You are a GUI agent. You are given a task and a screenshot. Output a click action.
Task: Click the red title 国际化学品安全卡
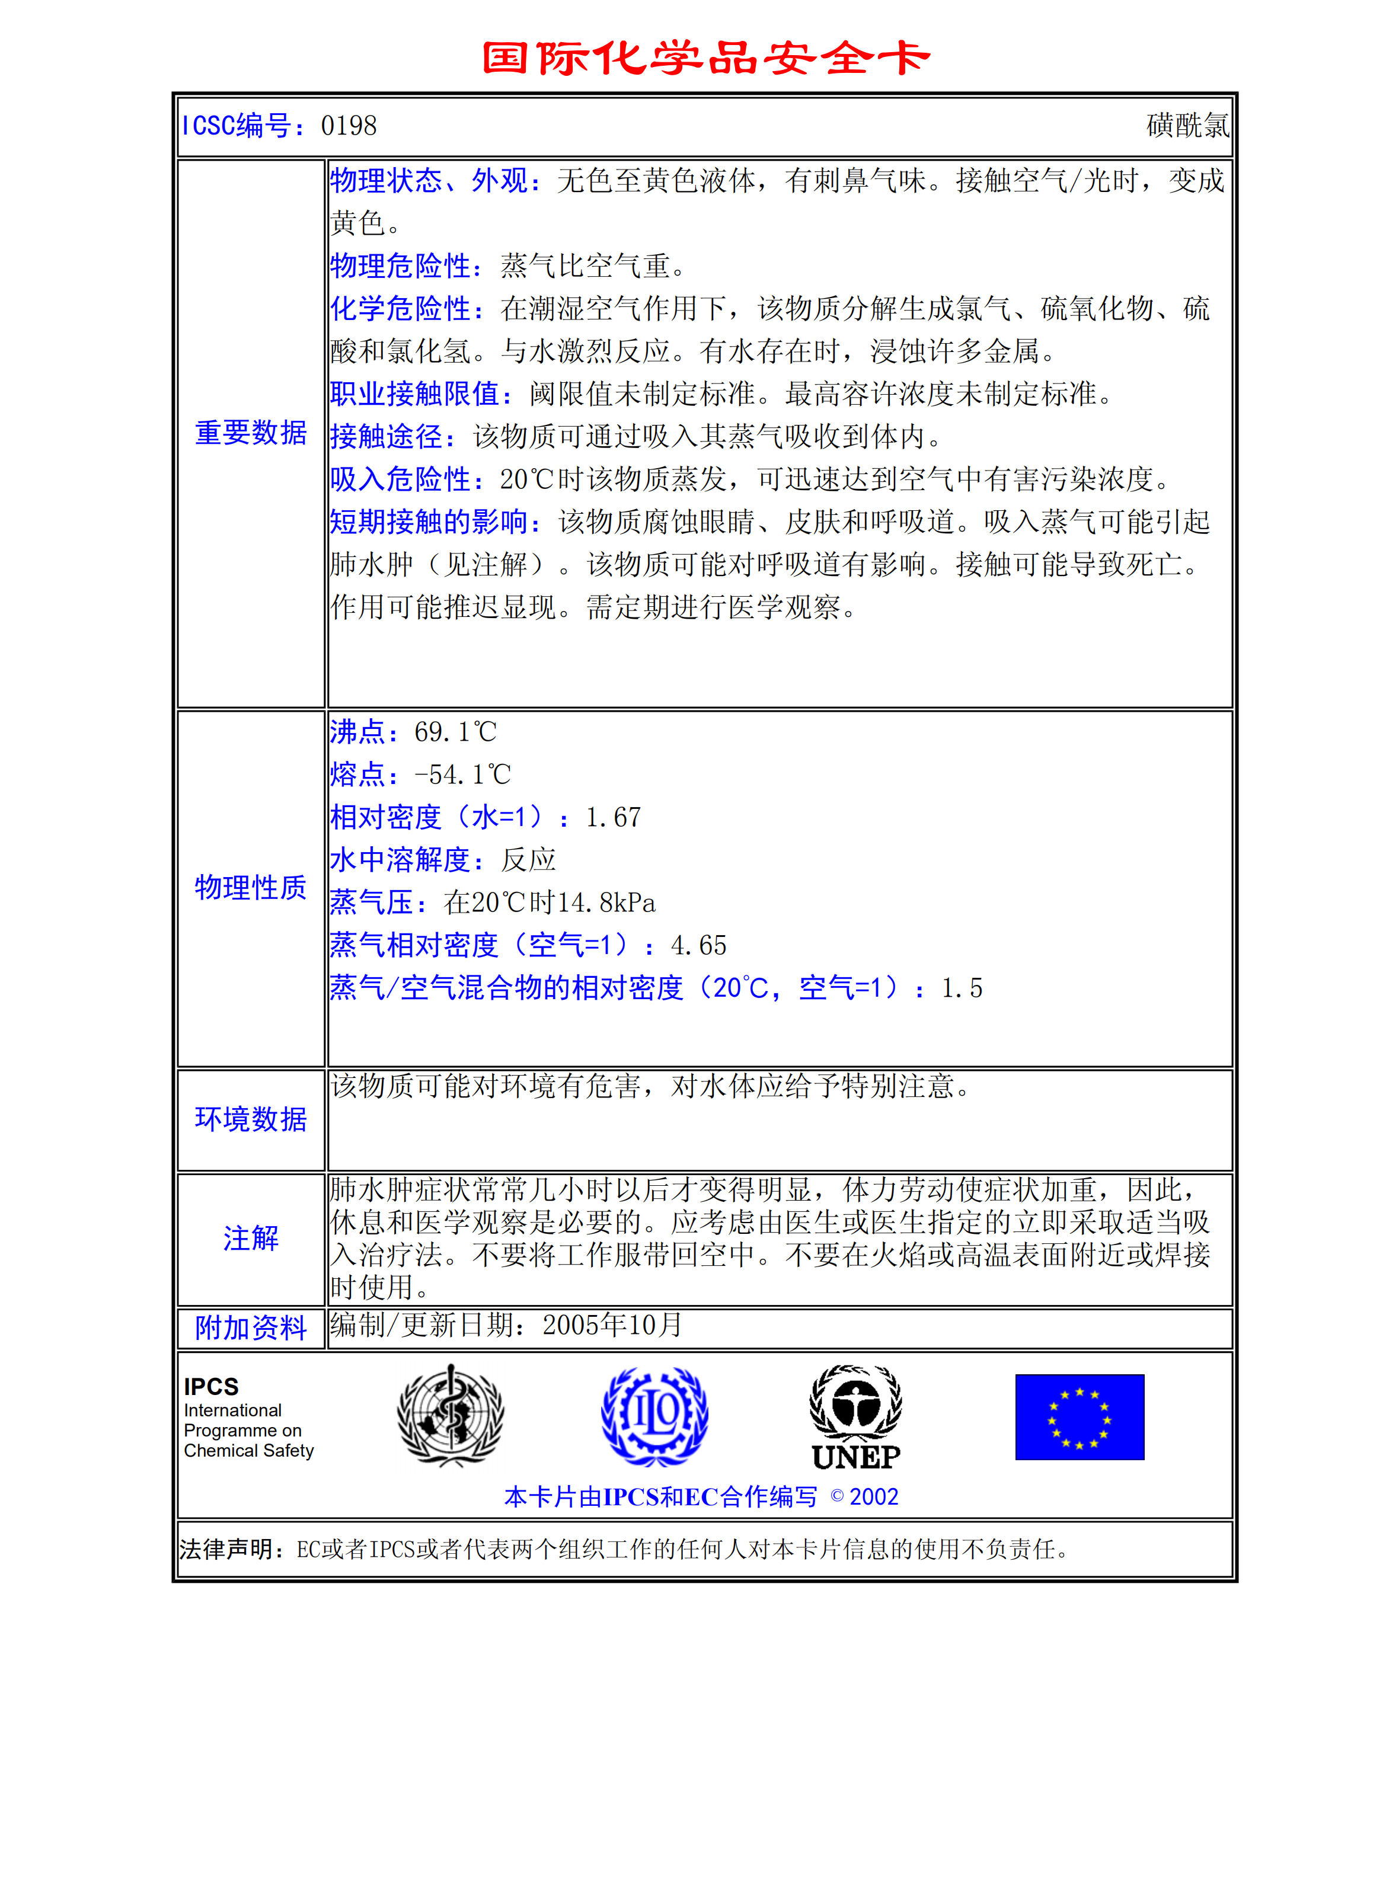707,58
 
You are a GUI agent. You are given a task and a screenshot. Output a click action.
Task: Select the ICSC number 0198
349,126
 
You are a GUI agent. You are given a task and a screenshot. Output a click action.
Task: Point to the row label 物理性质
250,888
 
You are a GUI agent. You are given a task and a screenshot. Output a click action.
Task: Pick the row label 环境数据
250,1119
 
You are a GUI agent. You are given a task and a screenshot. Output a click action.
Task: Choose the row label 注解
250,1238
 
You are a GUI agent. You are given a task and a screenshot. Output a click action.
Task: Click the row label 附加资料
250,1328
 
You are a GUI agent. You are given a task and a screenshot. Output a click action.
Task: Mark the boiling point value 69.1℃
455,732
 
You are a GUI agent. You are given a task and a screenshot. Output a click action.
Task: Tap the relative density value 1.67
614,818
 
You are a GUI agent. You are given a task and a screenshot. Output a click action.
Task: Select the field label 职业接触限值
420,393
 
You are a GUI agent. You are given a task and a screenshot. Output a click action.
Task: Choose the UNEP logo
856,1418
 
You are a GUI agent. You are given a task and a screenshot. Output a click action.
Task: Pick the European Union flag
1079,1417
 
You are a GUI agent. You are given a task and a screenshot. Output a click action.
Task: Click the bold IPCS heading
212,1387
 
